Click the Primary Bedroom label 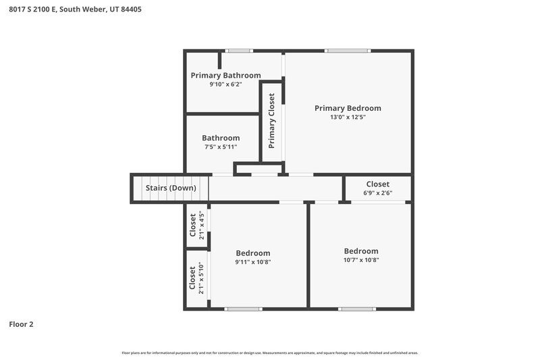pyautogui.click(x=348, y=108)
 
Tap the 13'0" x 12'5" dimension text pyautogui.click(x=348, y=117)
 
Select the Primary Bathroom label pyautogui.click(x=225, y=76)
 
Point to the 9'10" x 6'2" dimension pyautogui.click(x=225, y=84)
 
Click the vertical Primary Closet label pyautogui.click(x=271, y=121)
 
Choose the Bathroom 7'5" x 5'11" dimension pyautogui.click(x=221, y=147)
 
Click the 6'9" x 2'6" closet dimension pyautogui.click(x=377, y=192)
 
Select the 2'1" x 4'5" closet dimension pyautogui.click(x=201, y=225)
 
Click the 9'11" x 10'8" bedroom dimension pyautogui.click(x=253, y=261)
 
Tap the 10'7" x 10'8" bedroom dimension pyautogui.click(x=361, y=260)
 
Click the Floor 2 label pyautogui.click(x=21, y=324)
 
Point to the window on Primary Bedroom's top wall pyautogui.click(x=348, y=51)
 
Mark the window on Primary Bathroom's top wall pyautogui.click(x=238, y=51)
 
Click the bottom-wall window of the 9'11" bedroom pyautogui.click(x=243, y=309)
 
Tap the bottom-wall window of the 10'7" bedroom pyautogui.click(x=357, y=309)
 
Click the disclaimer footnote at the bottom pyautogui.click(x=269, y=353)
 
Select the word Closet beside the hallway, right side pyautogui.click(x=377, y=184)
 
